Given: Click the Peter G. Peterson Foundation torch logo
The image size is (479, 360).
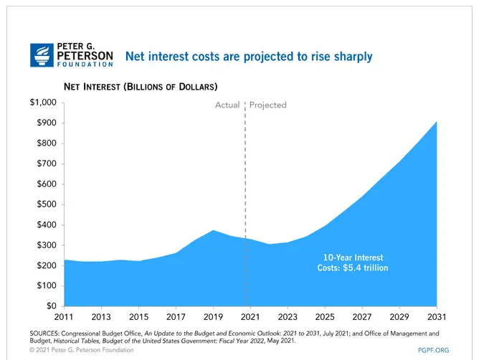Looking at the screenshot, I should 40,55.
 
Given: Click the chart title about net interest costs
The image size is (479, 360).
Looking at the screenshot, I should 250,56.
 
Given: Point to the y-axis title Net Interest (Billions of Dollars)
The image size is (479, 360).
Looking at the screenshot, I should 140,87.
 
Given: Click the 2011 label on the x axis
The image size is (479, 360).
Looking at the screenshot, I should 64,316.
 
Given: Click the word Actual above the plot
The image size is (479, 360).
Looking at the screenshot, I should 227,105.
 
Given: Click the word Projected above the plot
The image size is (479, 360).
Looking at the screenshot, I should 268,105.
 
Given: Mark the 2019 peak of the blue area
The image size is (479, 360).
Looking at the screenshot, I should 212,231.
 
